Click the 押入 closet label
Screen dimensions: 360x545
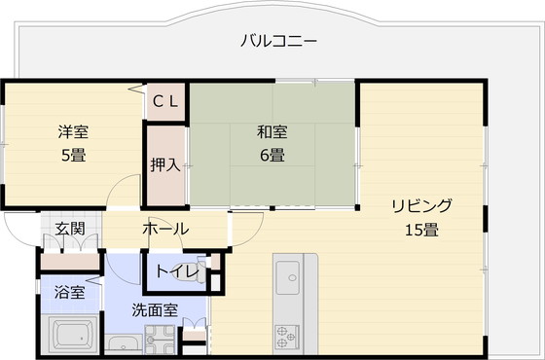tap(164, 164)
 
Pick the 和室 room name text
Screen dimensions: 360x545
tap(272, 132)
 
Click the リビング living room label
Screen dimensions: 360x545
tap(421, 206)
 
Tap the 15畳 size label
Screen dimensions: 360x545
tap(421, 230)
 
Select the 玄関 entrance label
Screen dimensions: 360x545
tap(69, 230)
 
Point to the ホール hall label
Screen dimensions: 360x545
tap(165, 230)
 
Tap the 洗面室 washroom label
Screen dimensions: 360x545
tap(155, 310)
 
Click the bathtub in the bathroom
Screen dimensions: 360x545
tap(69, 336)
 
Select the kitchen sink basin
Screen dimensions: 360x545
tap(289, 281)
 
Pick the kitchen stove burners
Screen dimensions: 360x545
tap(289, 337)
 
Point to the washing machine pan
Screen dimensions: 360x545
tap(160, 340)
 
